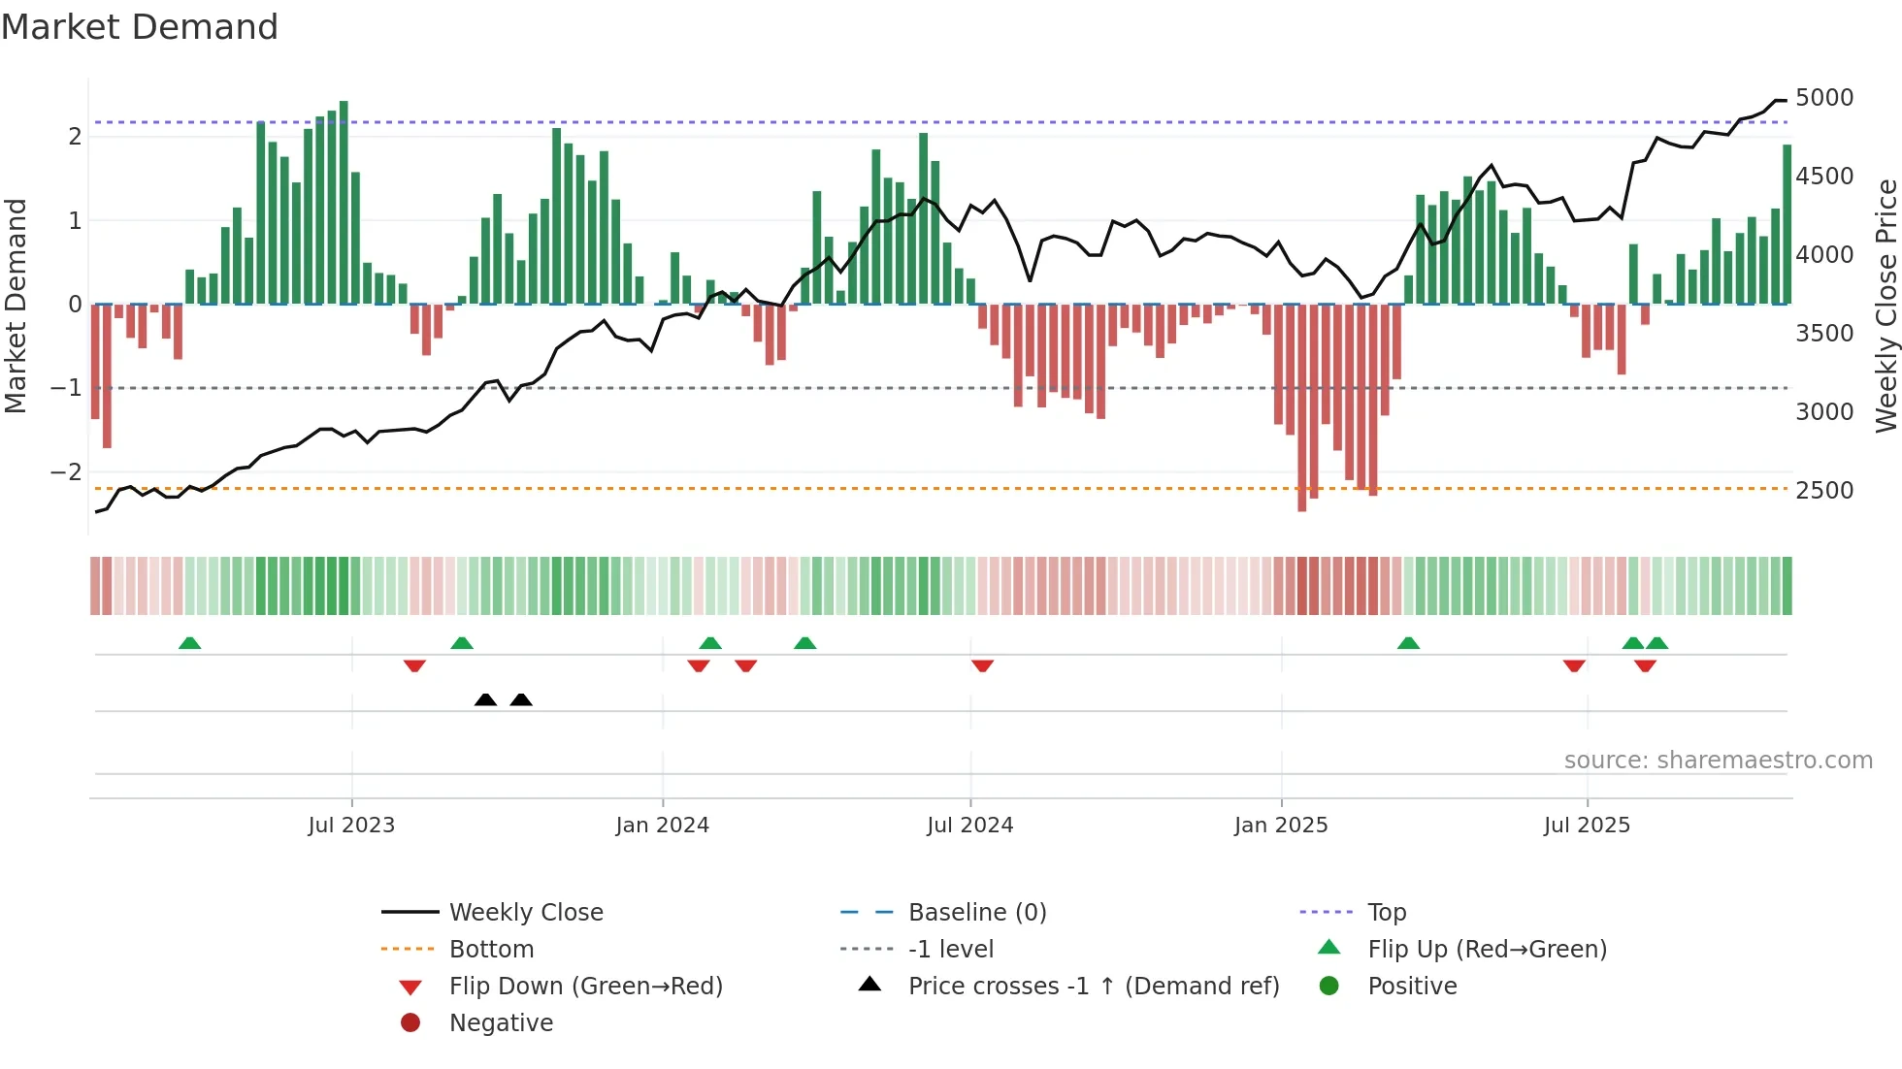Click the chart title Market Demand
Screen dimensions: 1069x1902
140,27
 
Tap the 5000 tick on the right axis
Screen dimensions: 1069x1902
1823,98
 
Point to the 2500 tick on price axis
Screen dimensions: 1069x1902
1823,491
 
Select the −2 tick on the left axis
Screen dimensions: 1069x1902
66,472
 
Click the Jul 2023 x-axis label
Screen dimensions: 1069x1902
351,826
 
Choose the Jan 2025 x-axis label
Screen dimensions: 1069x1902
1281,826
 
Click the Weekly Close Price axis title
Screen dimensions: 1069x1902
1886,306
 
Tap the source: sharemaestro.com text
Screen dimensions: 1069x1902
1718,761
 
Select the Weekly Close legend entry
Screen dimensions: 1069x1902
525,913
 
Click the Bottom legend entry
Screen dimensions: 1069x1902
491,950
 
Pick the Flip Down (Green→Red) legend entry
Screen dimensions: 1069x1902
585,987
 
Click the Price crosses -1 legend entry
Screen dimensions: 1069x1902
1093,987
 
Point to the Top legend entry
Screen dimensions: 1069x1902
1386,913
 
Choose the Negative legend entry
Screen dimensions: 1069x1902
501,1023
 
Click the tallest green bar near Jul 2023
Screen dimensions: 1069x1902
344,204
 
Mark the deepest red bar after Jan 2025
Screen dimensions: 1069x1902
1302,407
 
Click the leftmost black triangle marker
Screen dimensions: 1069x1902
485,699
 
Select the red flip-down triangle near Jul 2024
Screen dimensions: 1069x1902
982,665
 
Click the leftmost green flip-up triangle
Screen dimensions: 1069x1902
190,643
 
